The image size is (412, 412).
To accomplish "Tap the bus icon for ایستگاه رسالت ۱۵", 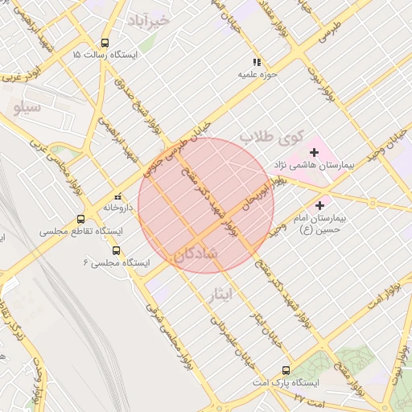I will pyautogui.click(x=105, y=43).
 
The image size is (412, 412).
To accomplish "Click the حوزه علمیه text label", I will pyautogui.click(x=257, y=75).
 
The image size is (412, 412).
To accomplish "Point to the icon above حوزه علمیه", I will pyautogui.click(x=257, y=62).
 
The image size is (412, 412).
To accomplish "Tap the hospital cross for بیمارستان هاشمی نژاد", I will pyautogui.click(x=313, y=152).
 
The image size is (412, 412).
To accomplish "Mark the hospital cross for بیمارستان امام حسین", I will pyautogui.click(x=321, y=206).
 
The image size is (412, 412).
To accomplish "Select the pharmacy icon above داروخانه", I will pyautogui.click(x=117, y=196).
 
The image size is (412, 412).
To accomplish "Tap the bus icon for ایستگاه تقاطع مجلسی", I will pyautogui.click(x=80, y=219).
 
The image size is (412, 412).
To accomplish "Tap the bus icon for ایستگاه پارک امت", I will pyautogui.click(x=286, y=371).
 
